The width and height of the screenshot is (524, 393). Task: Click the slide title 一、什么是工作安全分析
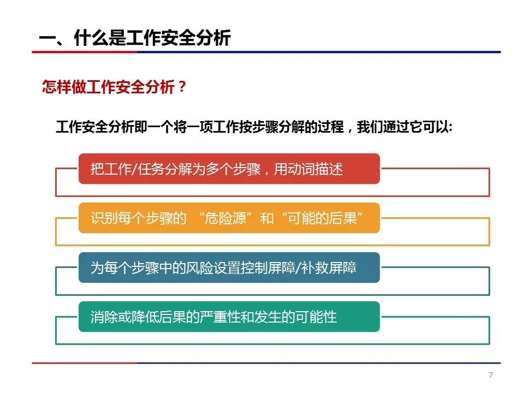[x=135, y=38]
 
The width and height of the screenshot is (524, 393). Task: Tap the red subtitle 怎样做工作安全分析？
[x=114, y=87]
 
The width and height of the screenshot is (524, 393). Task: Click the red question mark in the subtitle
[x=182, y=87]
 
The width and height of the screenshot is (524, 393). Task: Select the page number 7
[x=491, y=375]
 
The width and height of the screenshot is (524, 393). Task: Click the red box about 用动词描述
[x=229, y=169]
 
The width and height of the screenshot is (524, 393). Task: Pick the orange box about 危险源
[x=229, y=218]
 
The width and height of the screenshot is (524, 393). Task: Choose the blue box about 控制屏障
[x=229, y=267]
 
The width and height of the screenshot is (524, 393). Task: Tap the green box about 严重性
[x=229, y=317]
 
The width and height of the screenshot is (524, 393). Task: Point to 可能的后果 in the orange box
[x=322, y=218]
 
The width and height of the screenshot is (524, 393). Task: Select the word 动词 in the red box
[x=301, y=169]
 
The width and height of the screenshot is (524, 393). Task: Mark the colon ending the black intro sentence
[x=450, y=128]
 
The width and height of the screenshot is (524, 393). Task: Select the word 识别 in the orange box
[x=104, y=218]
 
